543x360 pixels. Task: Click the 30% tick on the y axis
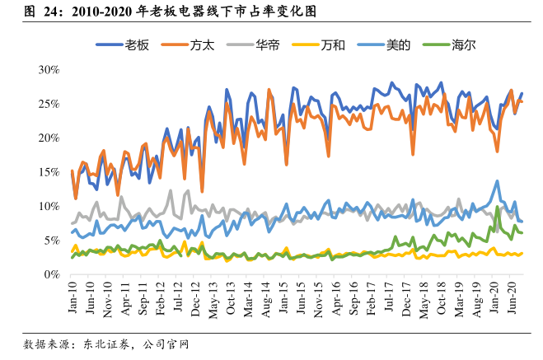47,69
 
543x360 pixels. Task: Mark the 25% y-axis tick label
47,104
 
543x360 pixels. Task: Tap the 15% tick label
47,171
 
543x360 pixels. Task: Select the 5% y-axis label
49,240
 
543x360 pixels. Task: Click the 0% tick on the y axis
49,274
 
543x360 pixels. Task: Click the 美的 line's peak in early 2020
497,181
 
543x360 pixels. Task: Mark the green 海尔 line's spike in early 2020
498,207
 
